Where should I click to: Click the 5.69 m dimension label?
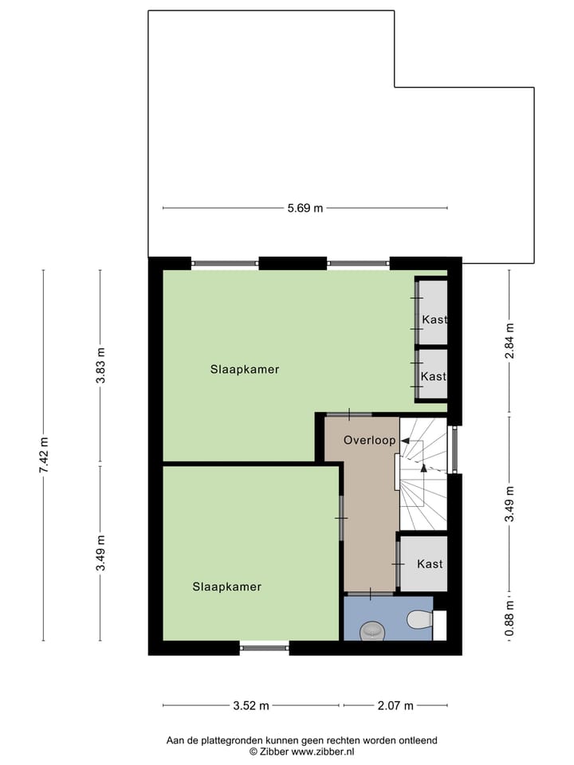(305, 209)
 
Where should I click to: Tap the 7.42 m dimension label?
(44, 456)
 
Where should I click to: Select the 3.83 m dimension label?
(100, 366)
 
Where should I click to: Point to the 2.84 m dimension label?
(509, 341)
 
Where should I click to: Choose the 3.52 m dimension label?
(251, 705)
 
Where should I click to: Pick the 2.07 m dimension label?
(397, 705)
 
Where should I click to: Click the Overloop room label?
(370, 440)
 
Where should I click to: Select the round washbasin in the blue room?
(372, 630)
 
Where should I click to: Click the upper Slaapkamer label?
(245, 370)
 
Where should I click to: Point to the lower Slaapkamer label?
(226, 586)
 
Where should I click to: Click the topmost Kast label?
(434, 320)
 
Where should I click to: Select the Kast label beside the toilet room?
(430, 564)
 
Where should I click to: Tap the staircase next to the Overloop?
(423, 475)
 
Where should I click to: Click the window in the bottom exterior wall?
(264, 648)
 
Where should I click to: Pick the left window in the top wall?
(225, 263)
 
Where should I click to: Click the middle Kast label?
(433, 376)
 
